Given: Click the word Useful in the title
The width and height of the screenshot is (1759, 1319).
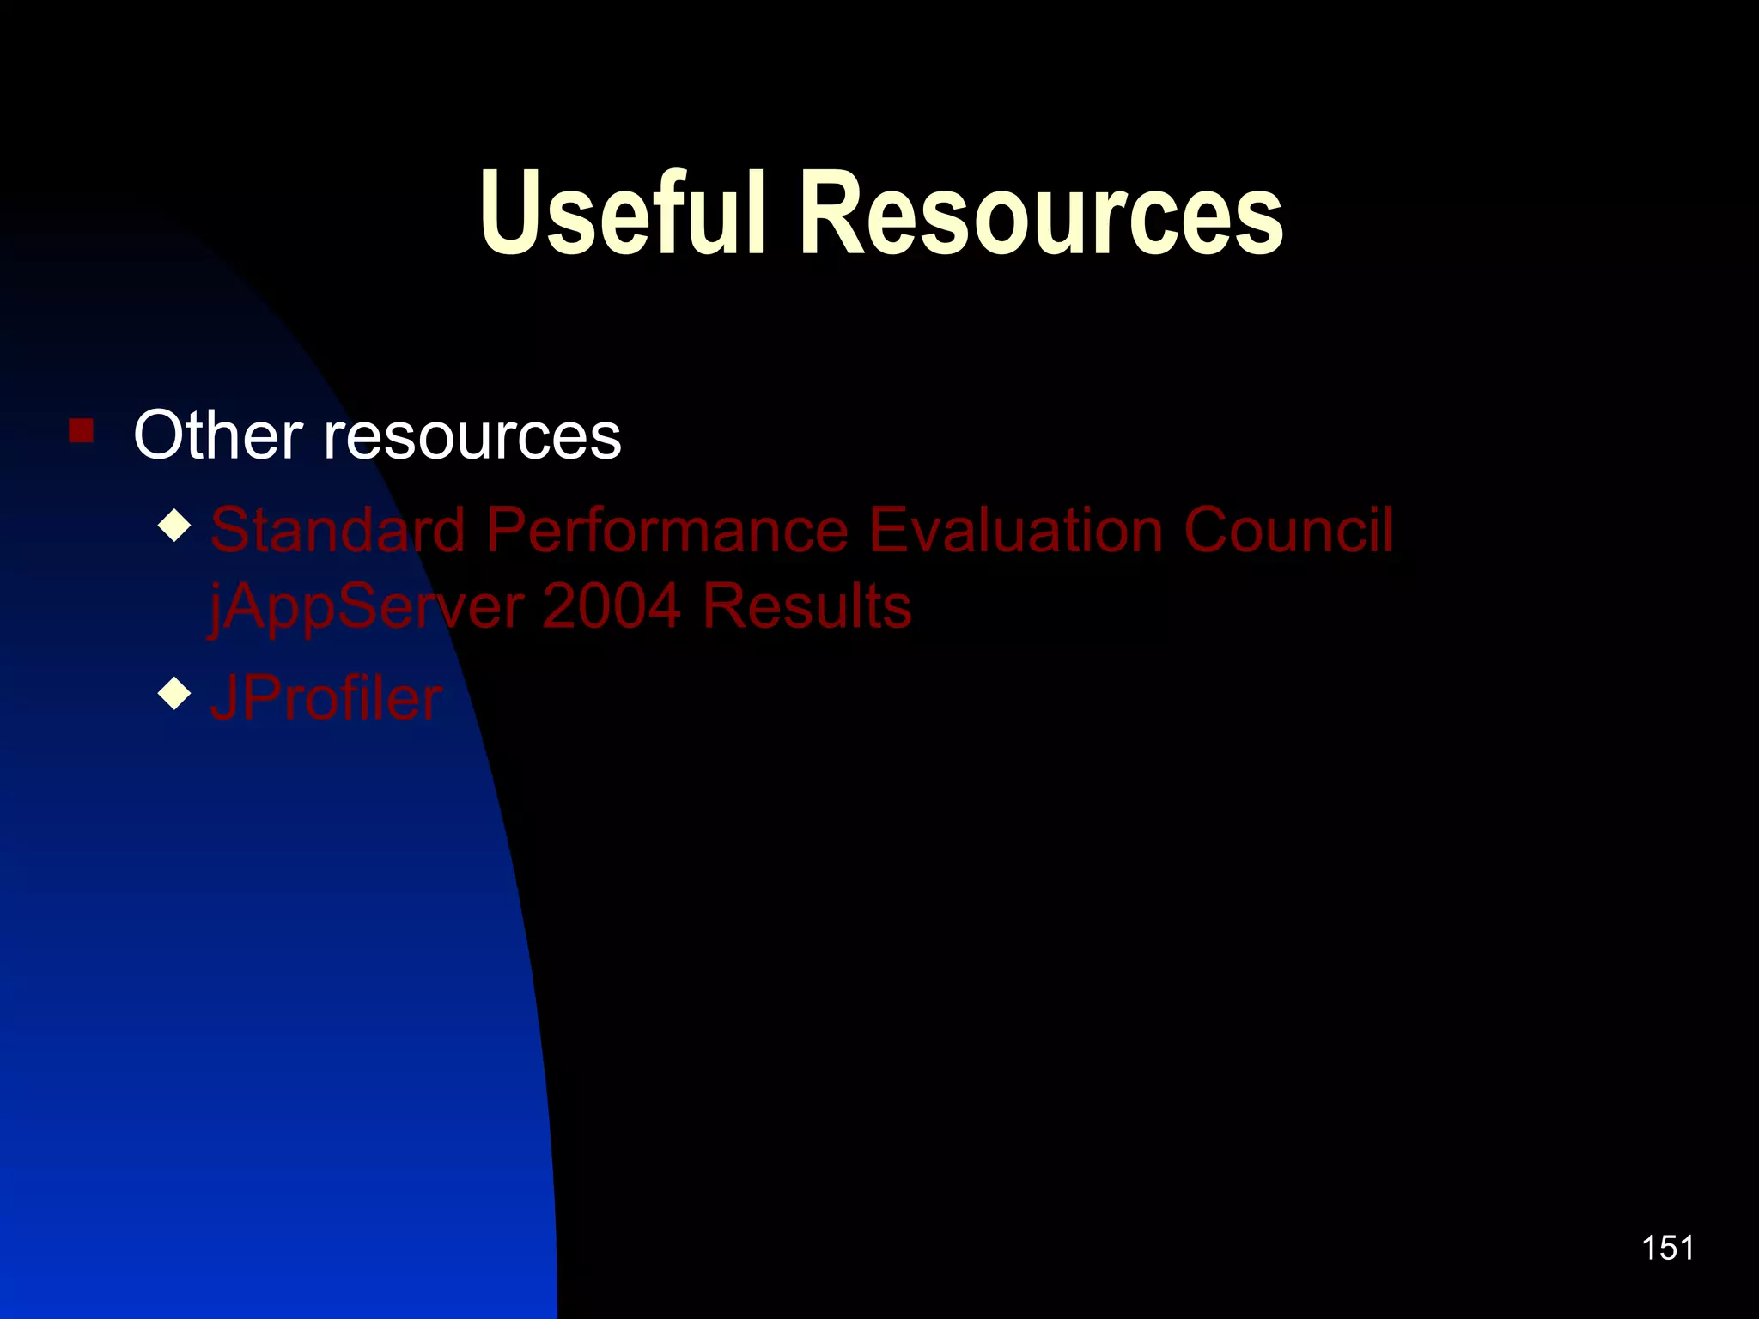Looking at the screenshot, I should (622, 213).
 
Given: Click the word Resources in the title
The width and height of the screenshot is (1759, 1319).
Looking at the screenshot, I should (1041, 213).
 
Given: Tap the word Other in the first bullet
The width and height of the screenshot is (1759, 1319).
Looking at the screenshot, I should (218, 435).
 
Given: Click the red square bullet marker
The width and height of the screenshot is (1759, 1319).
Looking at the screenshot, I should (82, 430).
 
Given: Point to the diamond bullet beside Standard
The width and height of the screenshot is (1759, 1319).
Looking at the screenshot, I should (174, 526).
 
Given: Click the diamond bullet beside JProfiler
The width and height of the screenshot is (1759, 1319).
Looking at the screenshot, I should (174, 693).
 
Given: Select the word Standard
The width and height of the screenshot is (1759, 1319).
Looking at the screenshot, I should (338, 530).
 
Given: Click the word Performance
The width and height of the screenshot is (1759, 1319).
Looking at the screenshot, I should (667, 530).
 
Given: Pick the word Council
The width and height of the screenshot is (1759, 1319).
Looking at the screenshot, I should (1288, 530).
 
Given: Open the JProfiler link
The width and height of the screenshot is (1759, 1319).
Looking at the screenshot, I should (326, 698).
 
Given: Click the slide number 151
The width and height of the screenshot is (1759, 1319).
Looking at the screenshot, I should (1667, 1248).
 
